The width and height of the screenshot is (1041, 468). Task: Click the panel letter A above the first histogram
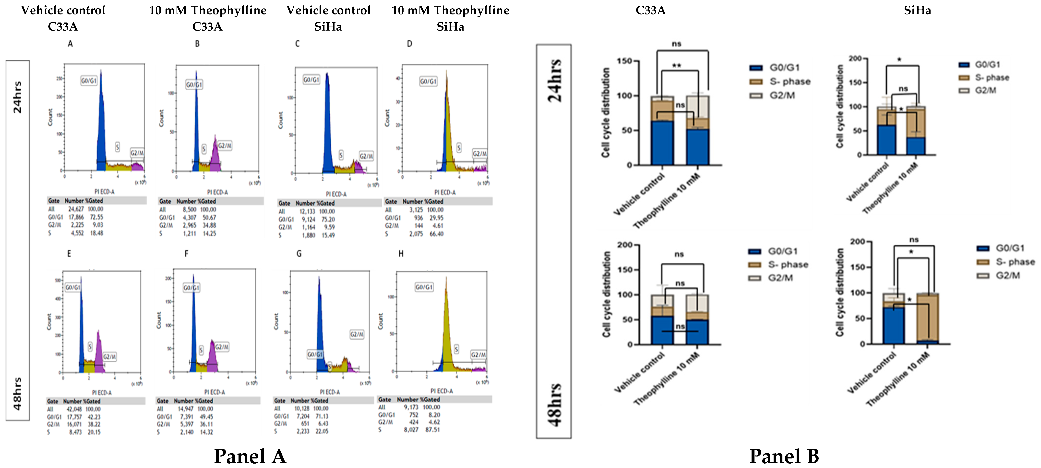[70, 44]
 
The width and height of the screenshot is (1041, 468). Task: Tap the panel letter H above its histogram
[401, 254]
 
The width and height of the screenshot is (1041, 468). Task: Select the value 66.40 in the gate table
[436, 234]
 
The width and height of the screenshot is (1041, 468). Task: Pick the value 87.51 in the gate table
[432, 430]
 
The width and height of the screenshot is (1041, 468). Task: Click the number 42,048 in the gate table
[75, 409]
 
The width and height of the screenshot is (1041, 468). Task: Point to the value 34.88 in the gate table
[209, 225]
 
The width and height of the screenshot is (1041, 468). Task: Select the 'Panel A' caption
[250, 456]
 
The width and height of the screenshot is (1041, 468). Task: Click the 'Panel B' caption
[784, 456]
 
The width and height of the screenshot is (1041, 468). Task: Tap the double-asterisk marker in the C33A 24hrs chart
[676, 65]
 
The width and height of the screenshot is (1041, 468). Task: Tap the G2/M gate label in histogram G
[357, 334]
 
